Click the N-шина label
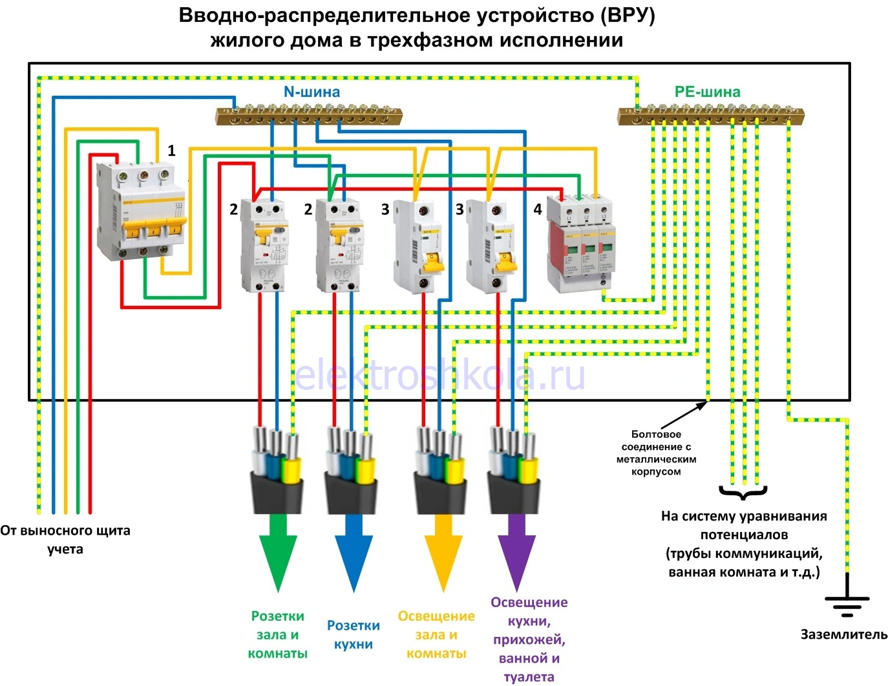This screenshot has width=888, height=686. (312, 92)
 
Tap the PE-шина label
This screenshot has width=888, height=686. (707, 92)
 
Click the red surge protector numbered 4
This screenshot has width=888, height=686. (579, 244)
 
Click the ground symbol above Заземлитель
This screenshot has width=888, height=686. (847, 604)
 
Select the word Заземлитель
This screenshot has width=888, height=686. (844, 634)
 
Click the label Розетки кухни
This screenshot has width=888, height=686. (354, 635)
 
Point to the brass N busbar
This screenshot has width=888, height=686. (308, 116)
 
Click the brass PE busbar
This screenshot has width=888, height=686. (710, 116)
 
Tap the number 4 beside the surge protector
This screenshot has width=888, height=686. (538, 209)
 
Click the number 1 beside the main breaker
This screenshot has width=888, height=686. (171, 151)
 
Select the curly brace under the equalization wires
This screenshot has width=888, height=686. (743, 493)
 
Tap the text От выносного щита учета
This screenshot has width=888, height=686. (65, 540)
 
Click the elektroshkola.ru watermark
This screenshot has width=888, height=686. (439, 375)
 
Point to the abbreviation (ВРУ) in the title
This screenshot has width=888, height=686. (627, 16)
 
